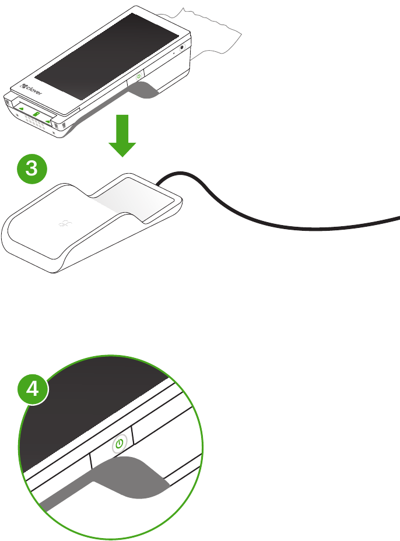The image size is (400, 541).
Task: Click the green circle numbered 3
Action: [x=31, y=168]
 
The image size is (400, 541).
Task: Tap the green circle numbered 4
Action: [x=33, y=389]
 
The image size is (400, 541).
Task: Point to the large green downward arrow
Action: [x=122, y=136]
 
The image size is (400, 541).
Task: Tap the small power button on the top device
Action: [x=138, y=76]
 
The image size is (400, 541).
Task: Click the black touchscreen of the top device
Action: [x=107, y=56]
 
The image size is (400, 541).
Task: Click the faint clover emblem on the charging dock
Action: [x=65, y=224]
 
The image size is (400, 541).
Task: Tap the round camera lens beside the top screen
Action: [x=183, y=48]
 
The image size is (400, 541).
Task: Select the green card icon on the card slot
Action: [x=36, y=114]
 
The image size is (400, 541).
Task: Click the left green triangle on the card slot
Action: [x=21, y=108]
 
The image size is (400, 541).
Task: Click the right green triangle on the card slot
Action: [x=48, y=121]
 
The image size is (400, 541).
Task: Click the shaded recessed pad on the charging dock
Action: [x=138, y=199]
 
